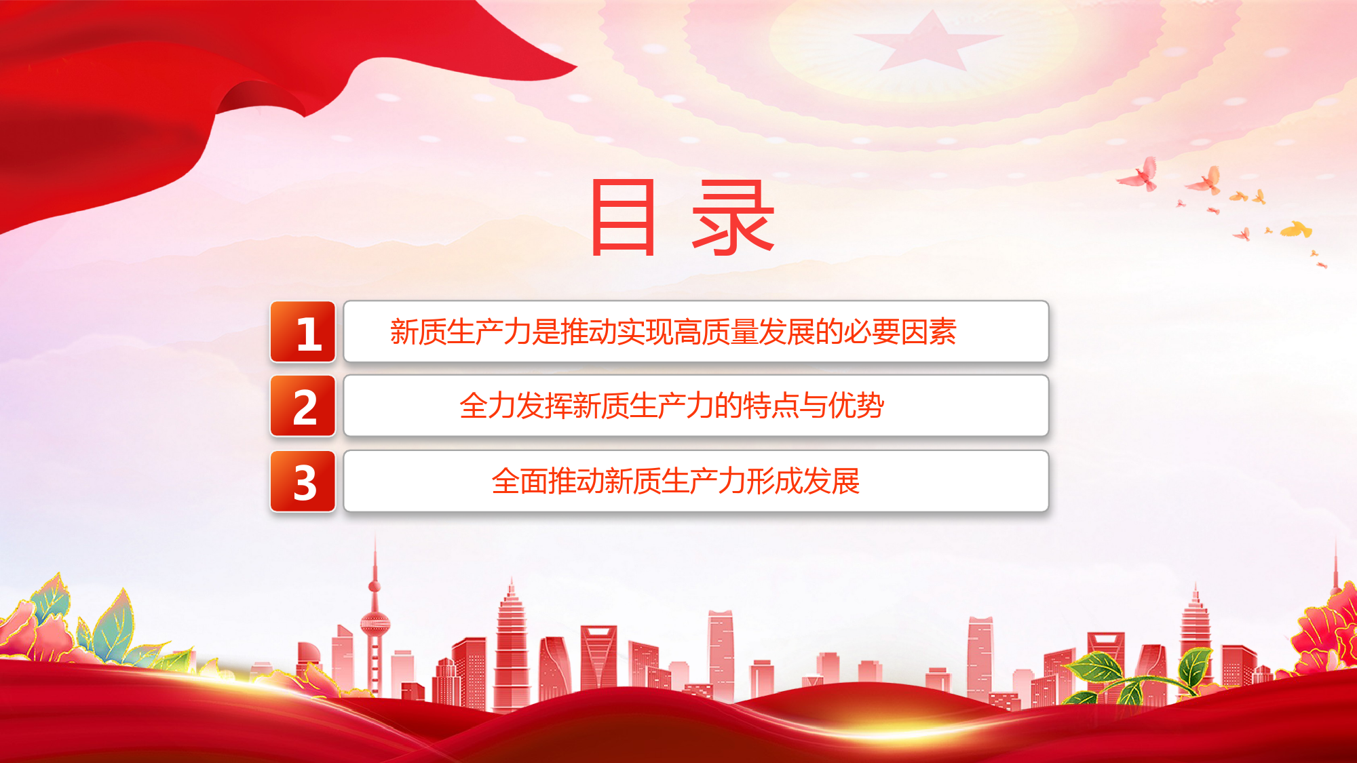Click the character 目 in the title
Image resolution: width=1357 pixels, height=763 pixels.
coord(624,218)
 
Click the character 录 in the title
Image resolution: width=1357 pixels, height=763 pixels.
coord(733,218)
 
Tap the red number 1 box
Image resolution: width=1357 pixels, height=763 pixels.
coord(303,332)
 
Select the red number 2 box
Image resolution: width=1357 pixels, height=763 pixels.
coord(303,406)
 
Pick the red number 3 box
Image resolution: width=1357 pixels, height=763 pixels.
coord(303,481)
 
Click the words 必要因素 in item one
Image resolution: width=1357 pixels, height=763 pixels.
coord(900,332)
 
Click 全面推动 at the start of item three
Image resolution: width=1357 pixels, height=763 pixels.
coord(548,481)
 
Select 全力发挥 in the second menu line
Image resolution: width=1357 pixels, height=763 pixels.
coord(516,406)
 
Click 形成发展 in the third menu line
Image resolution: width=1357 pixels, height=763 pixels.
coord(803,481)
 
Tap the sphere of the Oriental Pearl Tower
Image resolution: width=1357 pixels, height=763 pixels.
coord(375,623)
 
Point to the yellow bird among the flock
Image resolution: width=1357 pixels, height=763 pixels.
coord(1297,230)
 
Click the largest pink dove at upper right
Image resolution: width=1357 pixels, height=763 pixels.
coord(1140,175)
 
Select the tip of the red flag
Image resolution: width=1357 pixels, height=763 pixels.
coord(575,66)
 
